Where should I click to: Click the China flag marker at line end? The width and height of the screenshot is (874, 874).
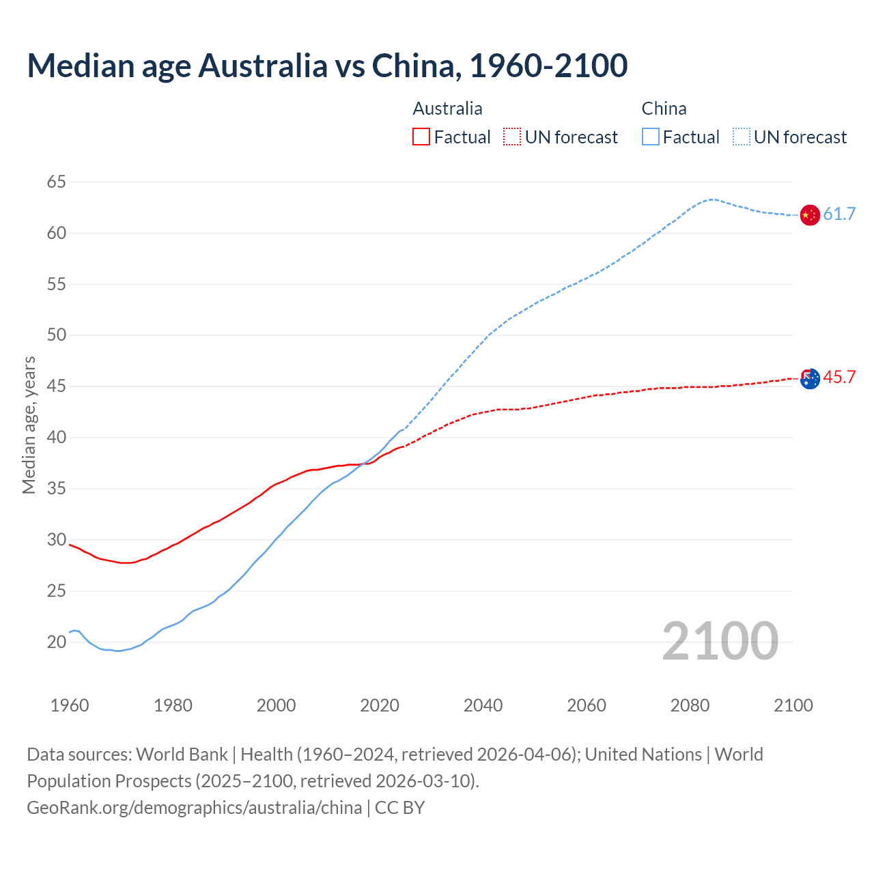tap(809, 214)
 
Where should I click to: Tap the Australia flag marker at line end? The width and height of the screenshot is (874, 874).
tap(809, 378)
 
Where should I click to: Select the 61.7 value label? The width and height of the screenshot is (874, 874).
tap(839, 214)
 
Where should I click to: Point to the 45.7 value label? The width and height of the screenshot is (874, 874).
tap(839, 378)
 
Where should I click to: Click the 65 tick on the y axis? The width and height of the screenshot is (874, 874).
tap(57, 182)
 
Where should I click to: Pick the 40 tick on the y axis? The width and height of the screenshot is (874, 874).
tap(57, 437)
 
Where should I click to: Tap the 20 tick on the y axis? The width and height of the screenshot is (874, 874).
tap(57, 642)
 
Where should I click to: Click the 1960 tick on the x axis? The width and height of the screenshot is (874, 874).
tap(70, 705)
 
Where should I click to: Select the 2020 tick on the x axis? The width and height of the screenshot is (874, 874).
tap(380, 705)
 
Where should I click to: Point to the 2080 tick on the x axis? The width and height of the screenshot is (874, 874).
tap(690, 705)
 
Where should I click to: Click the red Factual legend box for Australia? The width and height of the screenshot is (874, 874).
tap(421, 137)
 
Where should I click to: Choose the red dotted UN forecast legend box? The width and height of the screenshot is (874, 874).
tap(512, 137)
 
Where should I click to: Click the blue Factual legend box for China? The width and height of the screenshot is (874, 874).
tap(651, 137)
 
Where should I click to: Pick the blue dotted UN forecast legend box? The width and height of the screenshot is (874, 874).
tap(742, 137)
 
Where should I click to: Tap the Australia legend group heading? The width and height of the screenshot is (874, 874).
tap(447, 109)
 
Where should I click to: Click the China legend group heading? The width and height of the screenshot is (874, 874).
tap(664, 109)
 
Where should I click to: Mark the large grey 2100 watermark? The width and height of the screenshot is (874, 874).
tap(720, 640)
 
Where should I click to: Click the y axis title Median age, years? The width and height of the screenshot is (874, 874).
tap(29, 425)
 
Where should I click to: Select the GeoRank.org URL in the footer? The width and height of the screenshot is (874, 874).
tap(194, 808)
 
